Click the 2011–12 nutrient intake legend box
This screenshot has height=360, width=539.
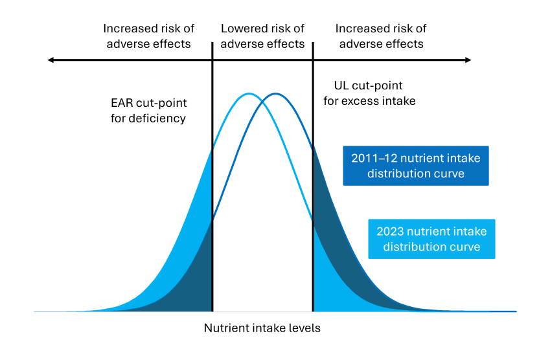click(x=416, y=166)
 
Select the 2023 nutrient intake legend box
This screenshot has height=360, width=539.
click(x=431, y=239)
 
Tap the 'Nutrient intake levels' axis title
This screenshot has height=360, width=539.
click(x=262, y=328)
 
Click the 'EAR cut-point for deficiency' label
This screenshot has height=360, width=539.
click(x=148, y=111)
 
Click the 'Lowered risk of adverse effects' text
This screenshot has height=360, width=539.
click(x=262, y=36)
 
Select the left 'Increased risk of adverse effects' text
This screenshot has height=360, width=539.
click(x=148, y=36)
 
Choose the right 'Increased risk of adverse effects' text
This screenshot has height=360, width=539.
click(x=381, y=36)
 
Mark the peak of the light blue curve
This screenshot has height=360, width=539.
click(x=249, y=94)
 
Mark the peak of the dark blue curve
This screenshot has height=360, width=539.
click(x=276, y=94)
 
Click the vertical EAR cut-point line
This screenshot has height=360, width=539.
click(x=212, y=194)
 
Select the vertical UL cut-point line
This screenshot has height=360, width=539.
click(x=313, y=194)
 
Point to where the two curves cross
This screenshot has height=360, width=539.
click(x=262, y=100)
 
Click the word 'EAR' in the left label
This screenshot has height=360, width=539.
click(x=122, y=103)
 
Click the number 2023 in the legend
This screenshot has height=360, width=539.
click(x=391, y=231)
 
